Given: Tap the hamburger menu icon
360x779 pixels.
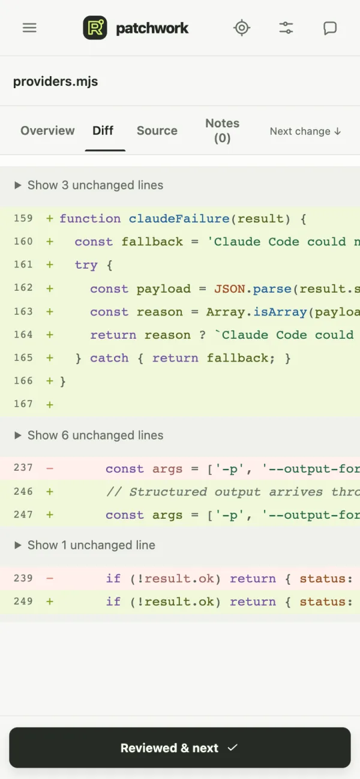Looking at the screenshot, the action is click(x=29, y=28).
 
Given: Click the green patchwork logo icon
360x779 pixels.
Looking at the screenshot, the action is click(x=95, y=28).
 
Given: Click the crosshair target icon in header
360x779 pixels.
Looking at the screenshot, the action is click(x=242, y=28).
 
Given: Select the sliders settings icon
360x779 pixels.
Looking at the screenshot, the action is click(x=286, y=28).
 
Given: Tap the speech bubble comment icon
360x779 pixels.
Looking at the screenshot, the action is click(x=330, y=28).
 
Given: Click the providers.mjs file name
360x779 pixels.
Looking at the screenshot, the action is click(x=56, y=82).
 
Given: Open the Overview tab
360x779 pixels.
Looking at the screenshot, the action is click(x=47, y=131).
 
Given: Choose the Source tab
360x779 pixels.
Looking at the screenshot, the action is click(x=157, y=131).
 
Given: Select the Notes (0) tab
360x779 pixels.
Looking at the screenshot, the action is click(x=222, y=131).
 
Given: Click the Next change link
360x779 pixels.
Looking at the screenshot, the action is click(x=305, y=131).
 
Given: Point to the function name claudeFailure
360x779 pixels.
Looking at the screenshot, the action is click(x=179, y=219).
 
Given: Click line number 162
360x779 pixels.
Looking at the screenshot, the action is click(x=23, y=288).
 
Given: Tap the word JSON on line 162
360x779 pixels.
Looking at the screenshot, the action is click(x=230, y=289).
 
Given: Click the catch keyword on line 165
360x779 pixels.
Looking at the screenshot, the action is click(x=109, y=358).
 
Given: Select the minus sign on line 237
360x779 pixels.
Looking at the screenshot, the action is click(x=50, y=468).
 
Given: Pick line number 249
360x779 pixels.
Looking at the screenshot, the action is click(x=23, y=601).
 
